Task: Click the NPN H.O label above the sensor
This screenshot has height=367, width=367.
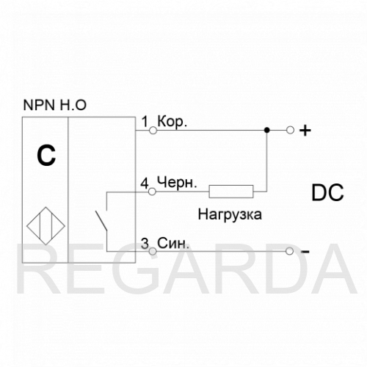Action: coord(55,105)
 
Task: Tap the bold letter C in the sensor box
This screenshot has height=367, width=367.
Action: coord(46,156)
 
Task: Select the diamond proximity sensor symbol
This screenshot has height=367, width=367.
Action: coord(46,226)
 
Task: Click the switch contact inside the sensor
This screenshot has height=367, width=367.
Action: coord(101,221)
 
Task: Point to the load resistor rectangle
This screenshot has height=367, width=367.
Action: coord(231,192)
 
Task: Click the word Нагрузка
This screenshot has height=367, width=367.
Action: coord(230,214)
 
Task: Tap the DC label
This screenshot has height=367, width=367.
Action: coord(327,193)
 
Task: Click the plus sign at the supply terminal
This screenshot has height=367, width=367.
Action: coord(305,131)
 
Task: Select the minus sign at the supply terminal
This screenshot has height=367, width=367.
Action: coord(305,252)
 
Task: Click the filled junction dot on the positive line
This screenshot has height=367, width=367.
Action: coord(267,130)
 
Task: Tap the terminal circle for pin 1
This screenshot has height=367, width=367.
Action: coord(153,131)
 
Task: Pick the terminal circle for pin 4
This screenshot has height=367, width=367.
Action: coord(152,192)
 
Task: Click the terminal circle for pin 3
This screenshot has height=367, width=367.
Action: coord(153,251)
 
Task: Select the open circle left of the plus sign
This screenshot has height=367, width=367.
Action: coord(290,130)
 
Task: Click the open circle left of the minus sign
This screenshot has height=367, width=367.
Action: coord(289,251)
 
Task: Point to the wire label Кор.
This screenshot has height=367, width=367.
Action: coord(172,121)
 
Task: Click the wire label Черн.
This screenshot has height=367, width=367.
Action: coord(177,182)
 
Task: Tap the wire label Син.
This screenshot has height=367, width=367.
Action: coord(173,243)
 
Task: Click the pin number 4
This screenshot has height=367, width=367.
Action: coord(145,183)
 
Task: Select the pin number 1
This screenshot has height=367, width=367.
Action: coord(145,122)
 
